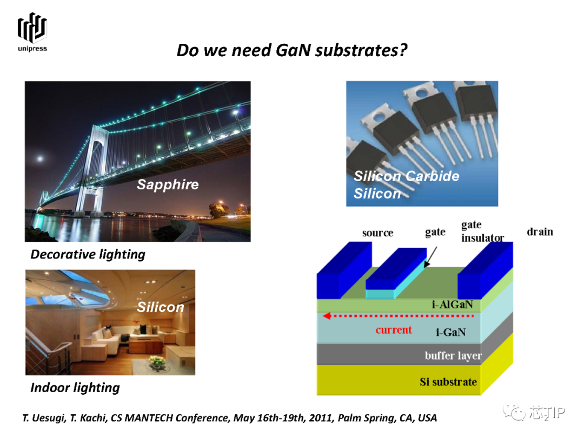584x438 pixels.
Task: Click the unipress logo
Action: click(32, 32)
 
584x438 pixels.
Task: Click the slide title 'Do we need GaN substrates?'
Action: click(291, 50)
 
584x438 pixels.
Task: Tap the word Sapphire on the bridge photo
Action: click(168, 185)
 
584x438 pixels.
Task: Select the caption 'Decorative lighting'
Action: click(88, 254)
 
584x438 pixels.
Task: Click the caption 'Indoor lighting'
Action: click(75, 388)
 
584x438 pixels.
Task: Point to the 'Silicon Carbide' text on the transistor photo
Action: click(406, 176)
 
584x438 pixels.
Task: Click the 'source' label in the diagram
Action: click(377, 233)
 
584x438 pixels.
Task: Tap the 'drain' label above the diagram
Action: click(540, 231)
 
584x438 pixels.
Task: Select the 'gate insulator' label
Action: click(482, 231)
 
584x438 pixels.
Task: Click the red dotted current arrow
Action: click(398, 316)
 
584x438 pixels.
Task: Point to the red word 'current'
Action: click(394, 330)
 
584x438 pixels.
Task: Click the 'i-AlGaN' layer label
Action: click(453, 304)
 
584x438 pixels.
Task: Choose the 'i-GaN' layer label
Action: click(450, 332)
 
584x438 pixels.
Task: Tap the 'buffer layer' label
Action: click(453, 356)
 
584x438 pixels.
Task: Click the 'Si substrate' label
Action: click(448, 382)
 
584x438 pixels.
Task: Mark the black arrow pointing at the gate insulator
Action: click(430, 257)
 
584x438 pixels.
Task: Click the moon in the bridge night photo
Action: click(40, 159)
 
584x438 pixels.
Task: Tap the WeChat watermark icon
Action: click(514, 412)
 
